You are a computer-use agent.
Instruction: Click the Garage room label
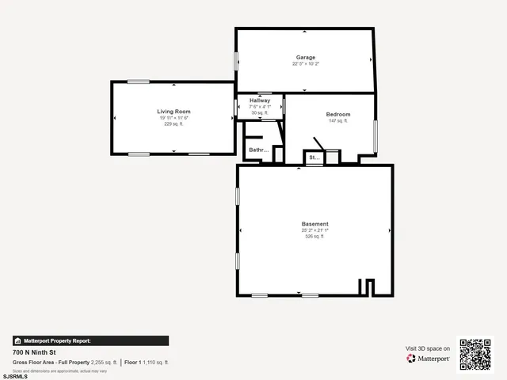pos(306,58)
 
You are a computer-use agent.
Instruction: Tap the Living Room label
pos(173,112)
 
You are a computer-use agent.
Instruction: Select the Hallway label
pos(260,101)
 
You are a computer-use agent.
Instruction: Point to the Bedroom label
pos(338,115)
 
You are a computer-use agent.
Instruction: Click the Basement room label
pos(314,224)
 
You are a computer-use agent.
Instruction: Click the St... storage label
pos(314,158)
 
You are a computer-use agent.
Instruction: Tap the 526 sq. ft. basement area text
pos(314,237)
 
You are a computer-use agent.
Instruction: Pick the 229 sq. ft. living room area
pos(173,124)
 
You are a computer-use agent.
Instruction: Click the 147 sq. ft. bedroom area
pos(338,121)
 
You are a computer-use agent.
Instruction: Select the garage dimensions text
pos(306,64)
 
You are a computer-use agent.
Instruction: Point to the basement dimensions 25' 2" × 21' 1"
pos(314,230)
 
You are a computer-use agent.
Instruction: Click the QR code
pos(475,354)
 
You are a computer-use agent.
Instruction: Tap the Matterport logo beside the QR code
pos(429,359)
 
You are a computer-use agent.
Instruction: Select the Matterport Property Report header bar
pos(90,340)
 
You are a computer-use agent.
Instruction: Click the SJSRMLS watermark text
pos(15,376)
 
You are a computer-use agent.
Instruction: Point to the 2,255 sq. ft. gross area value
pos(105,362)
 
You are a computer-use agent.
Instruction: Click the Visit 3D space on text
pos(428,348)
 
